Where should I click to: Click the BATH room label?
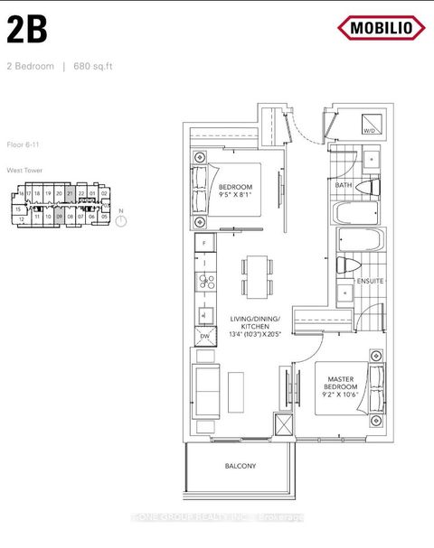343,185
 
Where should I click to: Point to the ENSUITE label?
370,281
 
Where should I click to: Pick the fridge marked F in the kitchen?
205,245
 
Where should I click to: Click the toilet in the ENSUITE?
344,265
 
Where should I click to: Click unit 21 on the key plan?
70,193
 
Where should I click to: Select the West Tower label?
24,170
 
